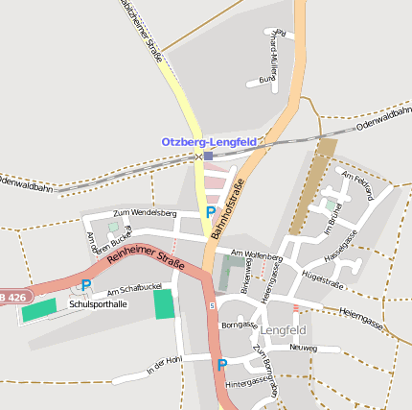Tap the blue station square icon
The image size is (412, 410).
click(208, 156)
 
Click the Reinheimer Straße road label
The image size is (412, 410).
click(146, 258)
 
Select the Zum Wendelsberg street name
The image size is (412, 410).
click(145, 212)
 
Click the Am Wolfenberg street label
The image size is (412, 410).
click(256, 255)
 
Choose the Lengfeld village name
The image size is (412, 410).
click(283, 330)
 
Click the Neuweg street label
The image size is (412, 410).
click(302, 348)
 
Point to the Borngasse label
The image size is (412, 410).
click(239, 325)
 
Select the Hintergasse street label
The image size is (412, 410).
click(247, 381)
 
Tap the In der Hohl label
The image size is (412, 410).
click(163, 365)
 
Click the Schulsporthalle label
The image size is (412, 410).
click(98, 303)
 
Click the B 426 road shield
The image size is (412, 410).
click(11, 298)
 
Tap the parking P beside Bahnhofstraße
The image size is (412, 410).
click(210, 211)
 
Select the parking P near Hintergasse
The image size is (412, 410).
click(222, 365)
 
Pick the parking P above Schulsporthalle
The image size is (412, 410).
click(85, 285)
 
